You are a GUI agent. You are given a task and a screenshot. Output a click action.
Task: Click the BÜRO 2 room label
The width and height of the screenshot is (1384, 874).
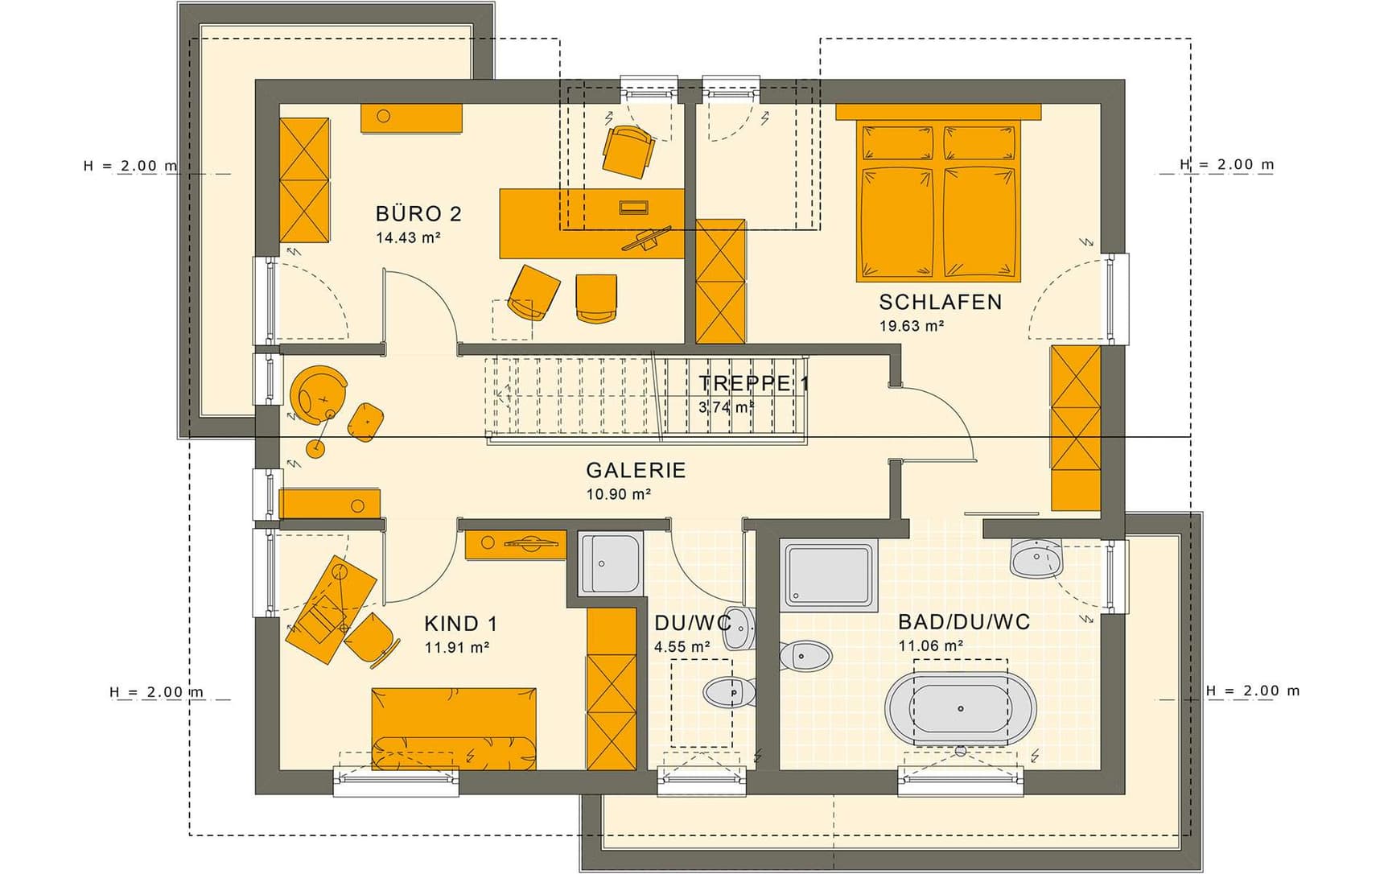(418, 213)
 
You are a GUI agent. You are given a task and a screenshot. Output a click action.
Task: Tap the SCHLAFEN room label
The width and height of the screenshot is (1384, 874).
(940, 302)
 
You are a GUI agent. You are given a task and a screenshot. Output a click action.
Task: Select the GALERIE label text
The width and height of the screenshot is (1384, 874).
(636, 470)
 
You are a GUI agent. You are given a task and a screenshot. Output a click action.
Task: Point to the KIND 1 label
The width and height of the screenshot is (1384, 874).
(460, 623)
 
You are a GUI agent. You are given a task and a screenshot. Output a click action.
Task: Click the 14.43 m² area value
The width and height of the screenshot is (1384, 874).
(408, 237)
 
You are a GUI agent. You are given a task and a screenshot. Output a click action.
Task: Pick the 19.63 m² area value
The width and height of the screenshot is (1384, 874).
(911, 326)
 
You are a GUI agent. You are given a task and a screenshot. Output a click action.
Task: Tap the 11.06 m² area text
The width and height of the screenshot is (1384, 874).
(931, 645)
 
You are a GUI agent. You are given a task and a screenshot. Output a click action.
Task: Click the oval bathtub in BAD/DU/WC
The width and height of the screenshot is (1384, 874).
(960, 708)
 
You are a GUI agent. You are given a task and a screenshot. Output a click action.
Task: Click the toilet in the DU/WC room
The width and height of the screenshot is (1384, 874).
(730, 691)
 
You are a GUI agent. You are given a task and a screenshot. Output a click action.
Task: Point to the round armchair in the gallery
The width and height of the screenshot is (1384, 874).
(319, 394)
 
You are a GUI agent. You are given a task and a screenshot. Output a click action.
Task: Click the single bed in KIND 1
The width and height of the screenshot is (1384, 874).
(454, 729)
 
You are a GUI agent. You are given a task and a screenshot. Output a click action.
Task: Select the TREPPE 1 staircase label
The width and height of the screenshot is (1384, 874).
(754, 383)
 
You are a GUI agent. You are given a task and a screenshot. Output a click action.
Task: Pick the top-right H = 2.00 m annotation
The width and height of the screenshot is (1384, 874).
(1227, 165)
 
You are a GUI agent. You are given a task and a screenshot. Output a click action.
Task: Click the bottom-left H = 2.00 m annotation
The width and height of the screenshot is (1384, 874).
(157, 691)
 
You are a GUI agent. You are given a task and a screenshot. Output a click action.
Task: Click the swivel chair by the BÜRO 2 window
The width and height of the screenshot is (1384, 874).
(628, 150)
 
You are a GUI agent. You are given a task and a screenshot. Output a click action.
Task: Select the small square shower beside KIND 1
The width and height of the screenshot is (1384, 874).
(611, 563)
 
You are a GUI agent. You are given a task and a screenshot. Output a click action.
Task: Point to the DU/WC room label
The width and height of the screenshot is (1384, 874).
(693, 623)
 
